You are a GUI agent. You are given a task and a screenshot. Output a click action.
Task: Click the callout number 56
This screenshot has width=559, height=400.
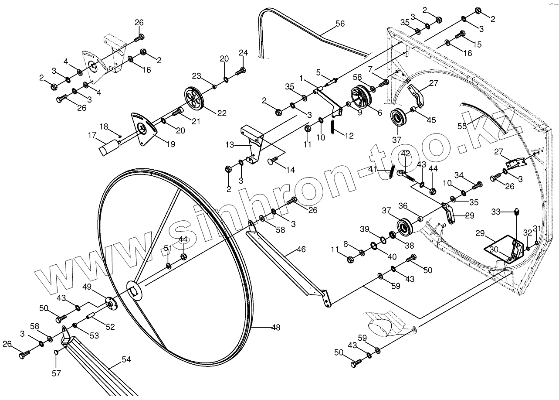[x=340, y=24]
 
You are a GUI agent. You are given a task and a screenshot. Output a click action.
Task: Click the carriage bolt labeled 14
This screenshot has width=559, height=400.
[x=271, y=161]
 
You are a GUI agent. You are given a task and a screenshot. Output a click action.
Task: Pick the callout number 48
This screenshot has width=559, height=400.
[x=275, y=328]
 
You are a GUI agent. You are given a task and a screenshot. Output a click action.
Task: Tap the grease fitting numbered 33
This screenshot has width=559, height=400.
[x=516, y=212]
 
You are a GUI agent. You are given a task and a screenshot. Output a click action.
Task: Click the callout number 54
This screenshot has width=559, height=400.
[x=126, y=359]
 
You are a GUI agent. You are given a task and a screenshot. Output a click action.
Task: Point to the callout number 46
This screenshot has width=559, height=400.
[x=301, y=250]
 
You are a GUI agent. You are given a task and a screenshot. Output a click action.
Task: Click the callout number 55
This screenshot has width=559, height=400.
[x=462, y=126]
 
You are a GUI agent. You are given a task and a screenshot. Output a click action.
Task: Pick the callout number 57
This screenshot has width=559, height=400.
[x=57, y=373]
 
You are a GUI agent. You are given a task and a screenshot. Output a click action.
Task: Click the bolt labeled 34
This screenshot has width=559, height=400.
[x=478, y=184]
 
